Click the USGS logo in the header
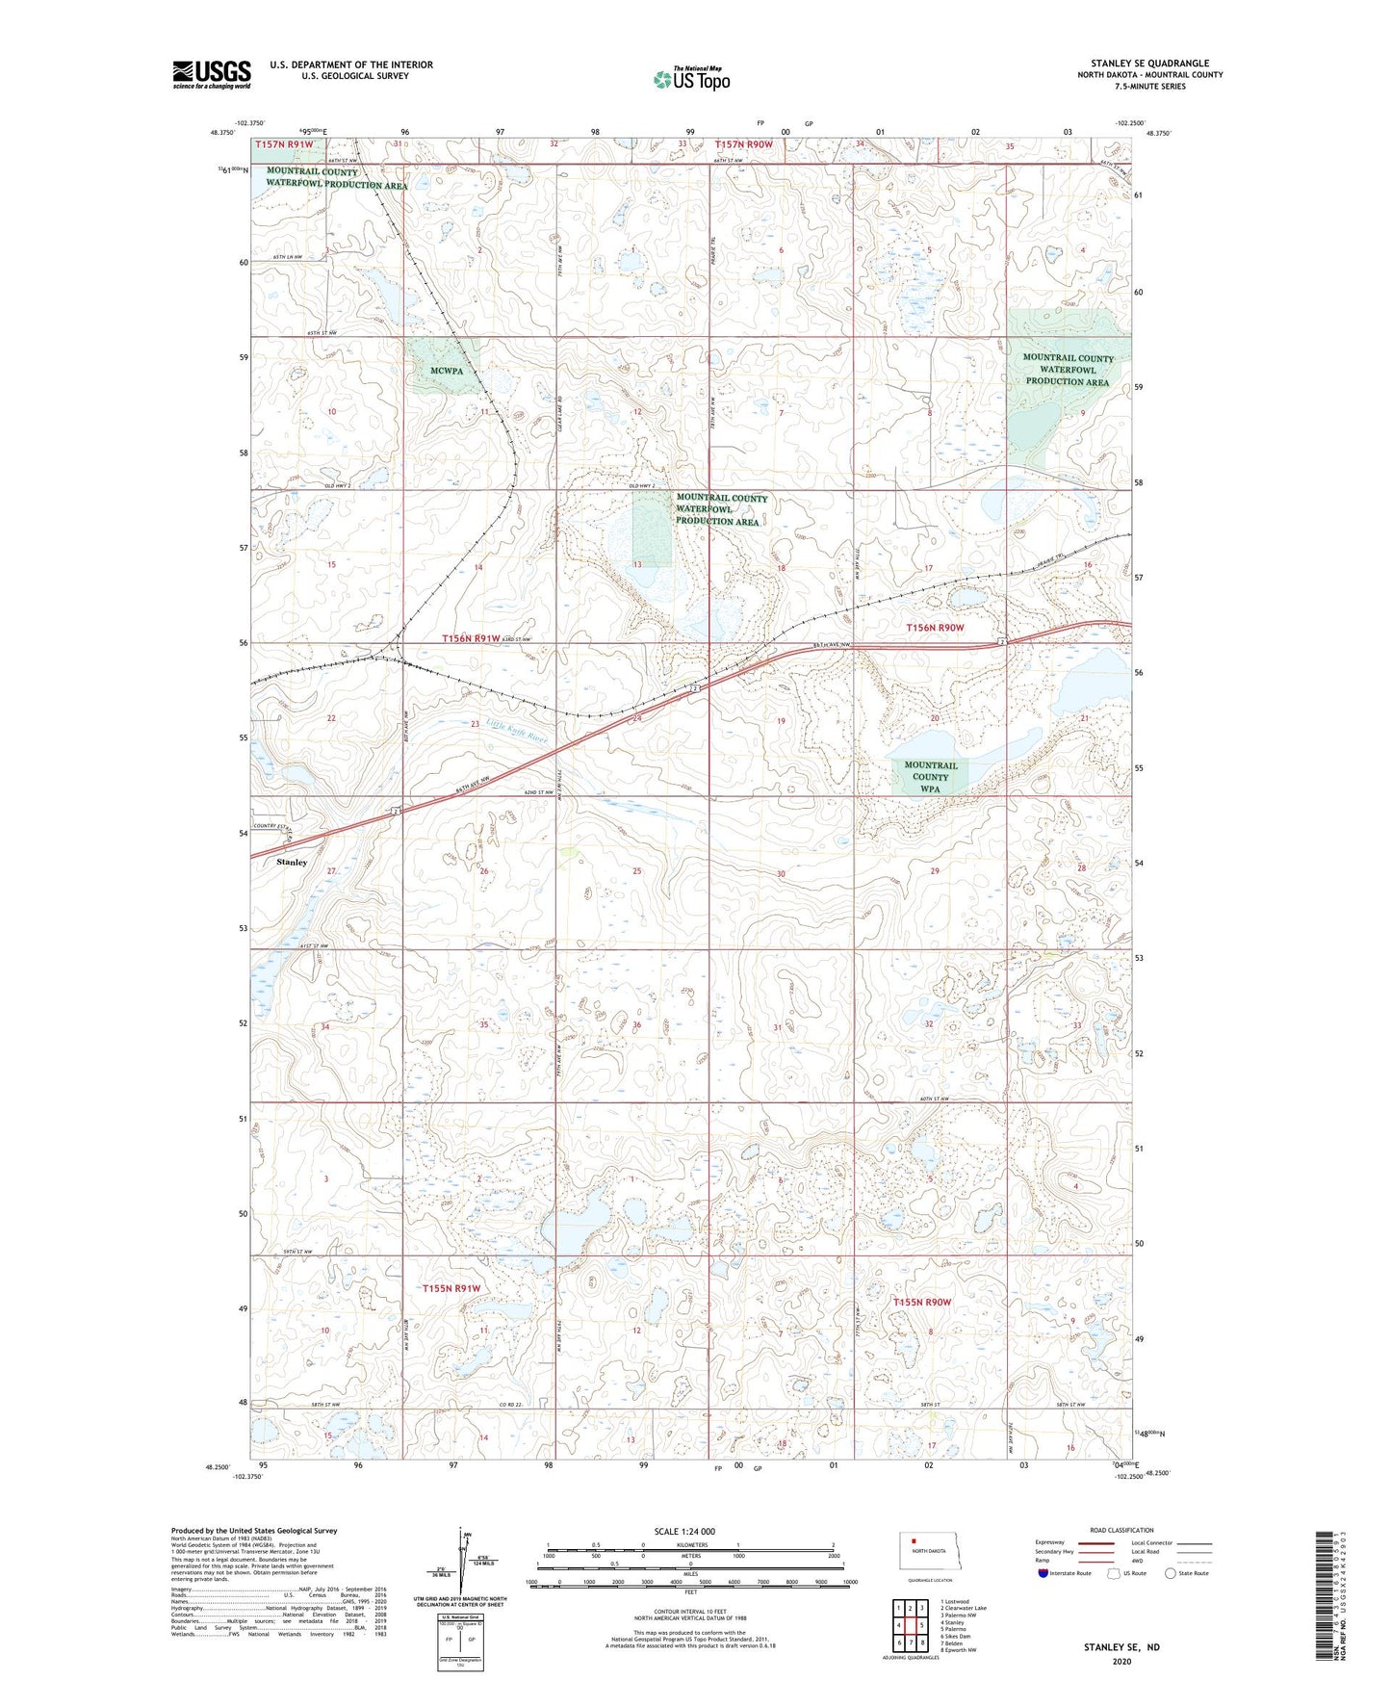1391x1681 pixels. point(211,74)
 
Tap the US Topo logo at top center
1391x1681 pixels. point(691,79)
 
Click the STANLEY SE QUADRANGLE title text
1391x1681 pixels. point(1149,64)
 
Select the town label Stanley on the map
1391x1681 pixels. point(292,862)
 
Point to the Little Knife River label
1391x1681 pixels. point(516,731)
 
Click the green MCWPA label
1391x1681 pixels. point(447,371)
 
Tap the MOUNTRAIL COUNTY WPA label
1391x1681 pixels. point(930,777)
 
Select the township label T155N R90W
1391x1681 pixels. point(921,1302)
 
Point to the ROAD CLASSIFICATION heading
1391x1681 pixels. point(1121,1530)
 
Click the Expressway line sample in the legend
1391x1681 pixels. point(1096,1542)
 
